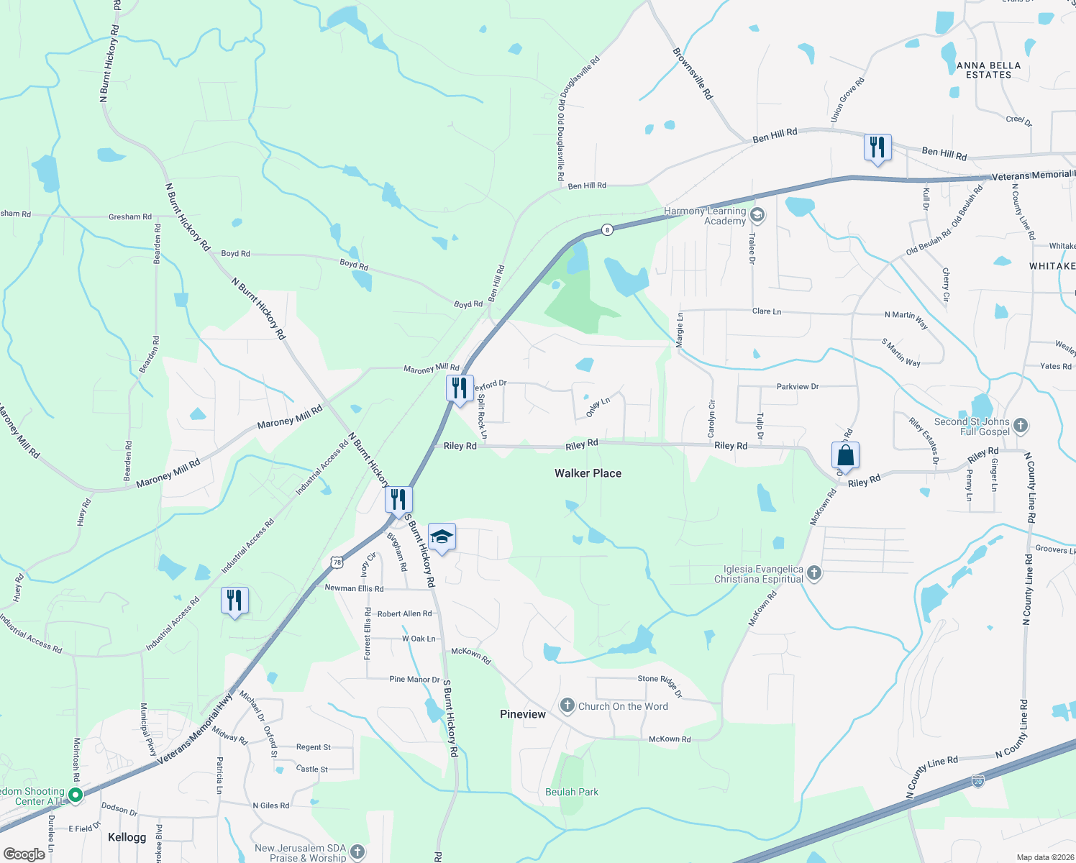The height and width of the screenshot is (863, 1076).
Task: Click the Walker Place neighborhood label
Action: click(x=588, y=473)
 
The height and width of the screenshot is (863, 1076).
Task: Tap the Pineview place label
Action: click(x=523, y=714)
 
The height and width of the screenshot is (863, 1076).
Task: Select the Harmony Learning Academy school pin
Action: click(x=757, y=215)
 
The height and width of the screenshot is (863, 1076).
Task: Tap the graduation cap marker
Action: click(x=442, y=537)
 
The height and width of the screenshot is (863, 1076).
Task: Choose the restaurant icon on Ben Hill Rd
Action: click(x=877, y=147)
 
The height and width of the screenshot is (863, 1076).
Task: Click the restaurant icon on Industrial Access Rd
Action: click(x=234, y=601)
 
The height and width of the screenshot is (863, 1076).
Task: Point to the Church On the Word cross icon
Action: click(x=567, y=705)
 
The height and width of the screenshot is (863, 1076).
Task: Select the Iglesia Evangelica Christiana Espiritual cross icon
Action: click(x=814, y=573)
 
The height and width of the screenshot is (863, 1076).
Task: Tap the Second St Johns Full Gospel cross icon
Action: click(x=1021, y=425)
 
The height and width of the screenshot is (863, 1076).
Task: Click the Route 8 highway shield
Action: click(x=608, y=230)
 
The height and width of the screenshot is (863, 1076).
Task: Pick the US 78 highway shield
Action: click(x=337, y=562)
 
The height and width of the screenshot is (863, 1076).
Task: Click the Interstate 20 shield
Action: click(x=977, y=781)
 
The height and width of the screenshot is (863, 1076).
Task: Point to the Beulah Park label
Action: click(x=572, y=792)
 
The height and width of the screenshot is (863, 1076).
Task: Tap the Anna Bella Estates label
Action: click(x=988, y=70)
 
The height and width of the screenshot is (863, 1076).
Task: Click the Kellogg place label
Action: click(x=127, y=837)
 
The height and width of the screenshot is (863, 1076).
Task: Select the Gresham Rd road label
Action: click(x=130, y=216)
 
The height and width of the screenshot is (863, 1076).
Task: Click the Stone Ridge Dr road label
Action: click(x=660, y=685)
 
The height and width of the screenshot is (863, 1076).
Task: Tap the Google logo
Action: click(x=24, y=854)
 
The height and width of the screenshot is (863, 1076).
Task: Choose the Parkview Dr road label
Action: click(x=798, y=387)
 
